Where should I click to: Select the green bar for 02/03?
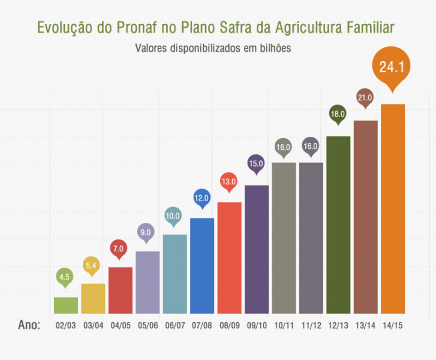(x=66, y=305)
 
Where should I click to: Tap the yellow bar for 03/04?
(x=93, y=298)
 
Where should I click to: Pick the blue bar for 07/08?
(x=202, y=266)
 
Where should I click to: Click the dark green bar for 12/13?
(x=338, y=225)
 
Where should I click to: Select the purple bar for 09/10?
(x=257, y=250)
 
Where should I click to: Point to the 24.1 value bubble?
(x=391, y=68)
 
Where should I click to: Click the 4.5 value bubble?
(x=65, y=277)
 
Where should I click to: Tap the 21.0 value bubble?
(x=365, y=98)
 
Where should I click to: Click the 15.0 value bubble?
(x=256, y=163)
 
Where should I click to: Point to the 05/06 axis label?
(x=148, y=326)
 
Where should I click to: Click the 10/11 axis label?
(x=284, y=326)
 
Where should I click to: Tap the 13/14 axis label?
(x=365, y=326)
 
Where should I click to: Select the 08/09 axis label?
(x=229, y=326)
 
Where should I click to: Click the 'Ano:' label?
(x=29, y=325)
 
